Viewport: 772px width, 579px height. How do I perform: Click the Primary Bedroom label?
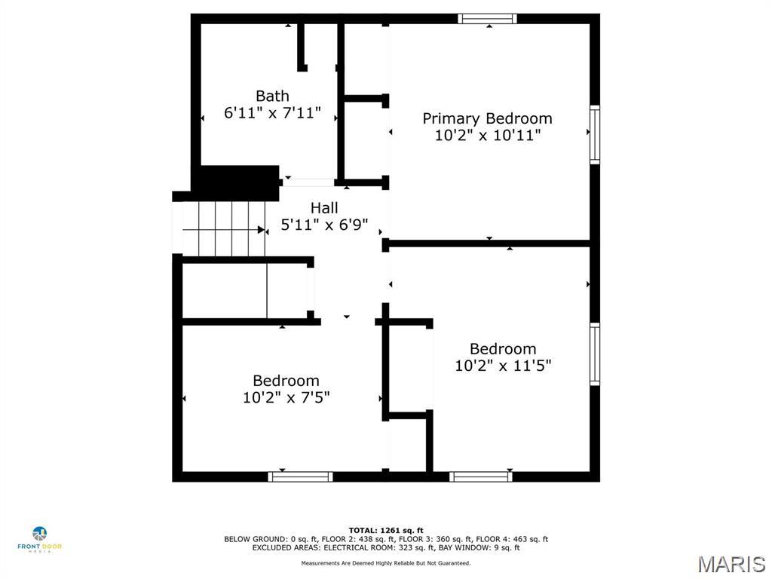pos(487,118)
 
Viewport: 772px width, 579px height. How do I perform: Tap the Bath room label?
pos(272,96)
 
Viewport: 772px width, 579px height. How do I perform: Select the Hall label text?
pos(324,207)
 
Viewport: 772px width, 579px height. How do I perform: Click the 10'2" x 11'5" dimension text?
pos(503,366)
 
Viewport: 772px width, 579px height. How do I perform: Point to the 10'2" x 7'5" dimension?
pos(286,397)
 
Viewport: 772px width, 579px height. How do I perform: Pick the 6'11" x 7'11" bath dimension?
pos(272,113)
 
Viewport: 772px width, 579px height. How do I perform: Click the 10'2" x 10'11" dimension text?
pos(487,136)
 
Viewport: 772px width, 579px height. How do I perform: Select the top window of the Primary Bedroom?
pos(487,19)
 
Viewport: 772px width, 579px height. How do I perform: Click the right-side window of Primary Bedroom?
pos(595,135)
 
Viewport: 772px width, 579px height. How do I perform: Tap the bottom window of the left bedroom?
pos(301,476)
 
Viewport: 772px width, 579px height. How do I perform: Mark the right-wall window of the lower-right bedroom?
pos(595,354)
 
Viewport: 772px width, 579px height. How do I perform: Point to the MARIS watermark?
pos(731,564)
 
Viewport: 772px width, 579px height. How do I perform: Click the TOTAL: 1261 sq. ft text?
pos(386,530)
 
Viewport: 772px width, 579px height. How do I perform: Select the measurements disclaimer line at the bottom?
pos(386,563)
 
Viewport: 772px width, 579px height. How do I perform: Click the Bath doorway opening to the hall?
pos(308,182)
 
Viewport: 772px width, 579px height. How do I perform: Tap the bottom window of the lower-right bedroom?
pos(481,476)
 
